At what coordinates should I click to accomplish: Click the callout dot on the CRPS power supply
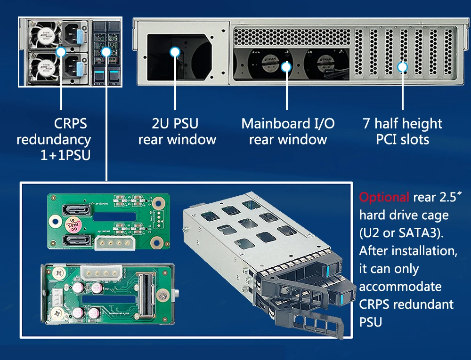(61, 52)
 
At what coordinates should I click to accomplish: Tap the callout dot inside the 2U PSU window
(175, 52)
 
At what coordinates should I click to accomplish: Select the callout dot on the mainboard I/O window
(286, 67)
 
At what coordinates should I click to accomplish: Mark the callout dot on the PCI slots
(402, 67)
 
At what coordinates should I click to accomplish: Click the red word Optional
(384, 197)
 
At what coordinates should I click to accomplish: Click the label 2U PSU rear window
(177, 132)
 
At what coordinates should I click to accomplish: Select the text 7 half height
(403, 124)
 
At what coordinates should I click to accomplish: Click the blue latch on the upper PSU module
(79, 36)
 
